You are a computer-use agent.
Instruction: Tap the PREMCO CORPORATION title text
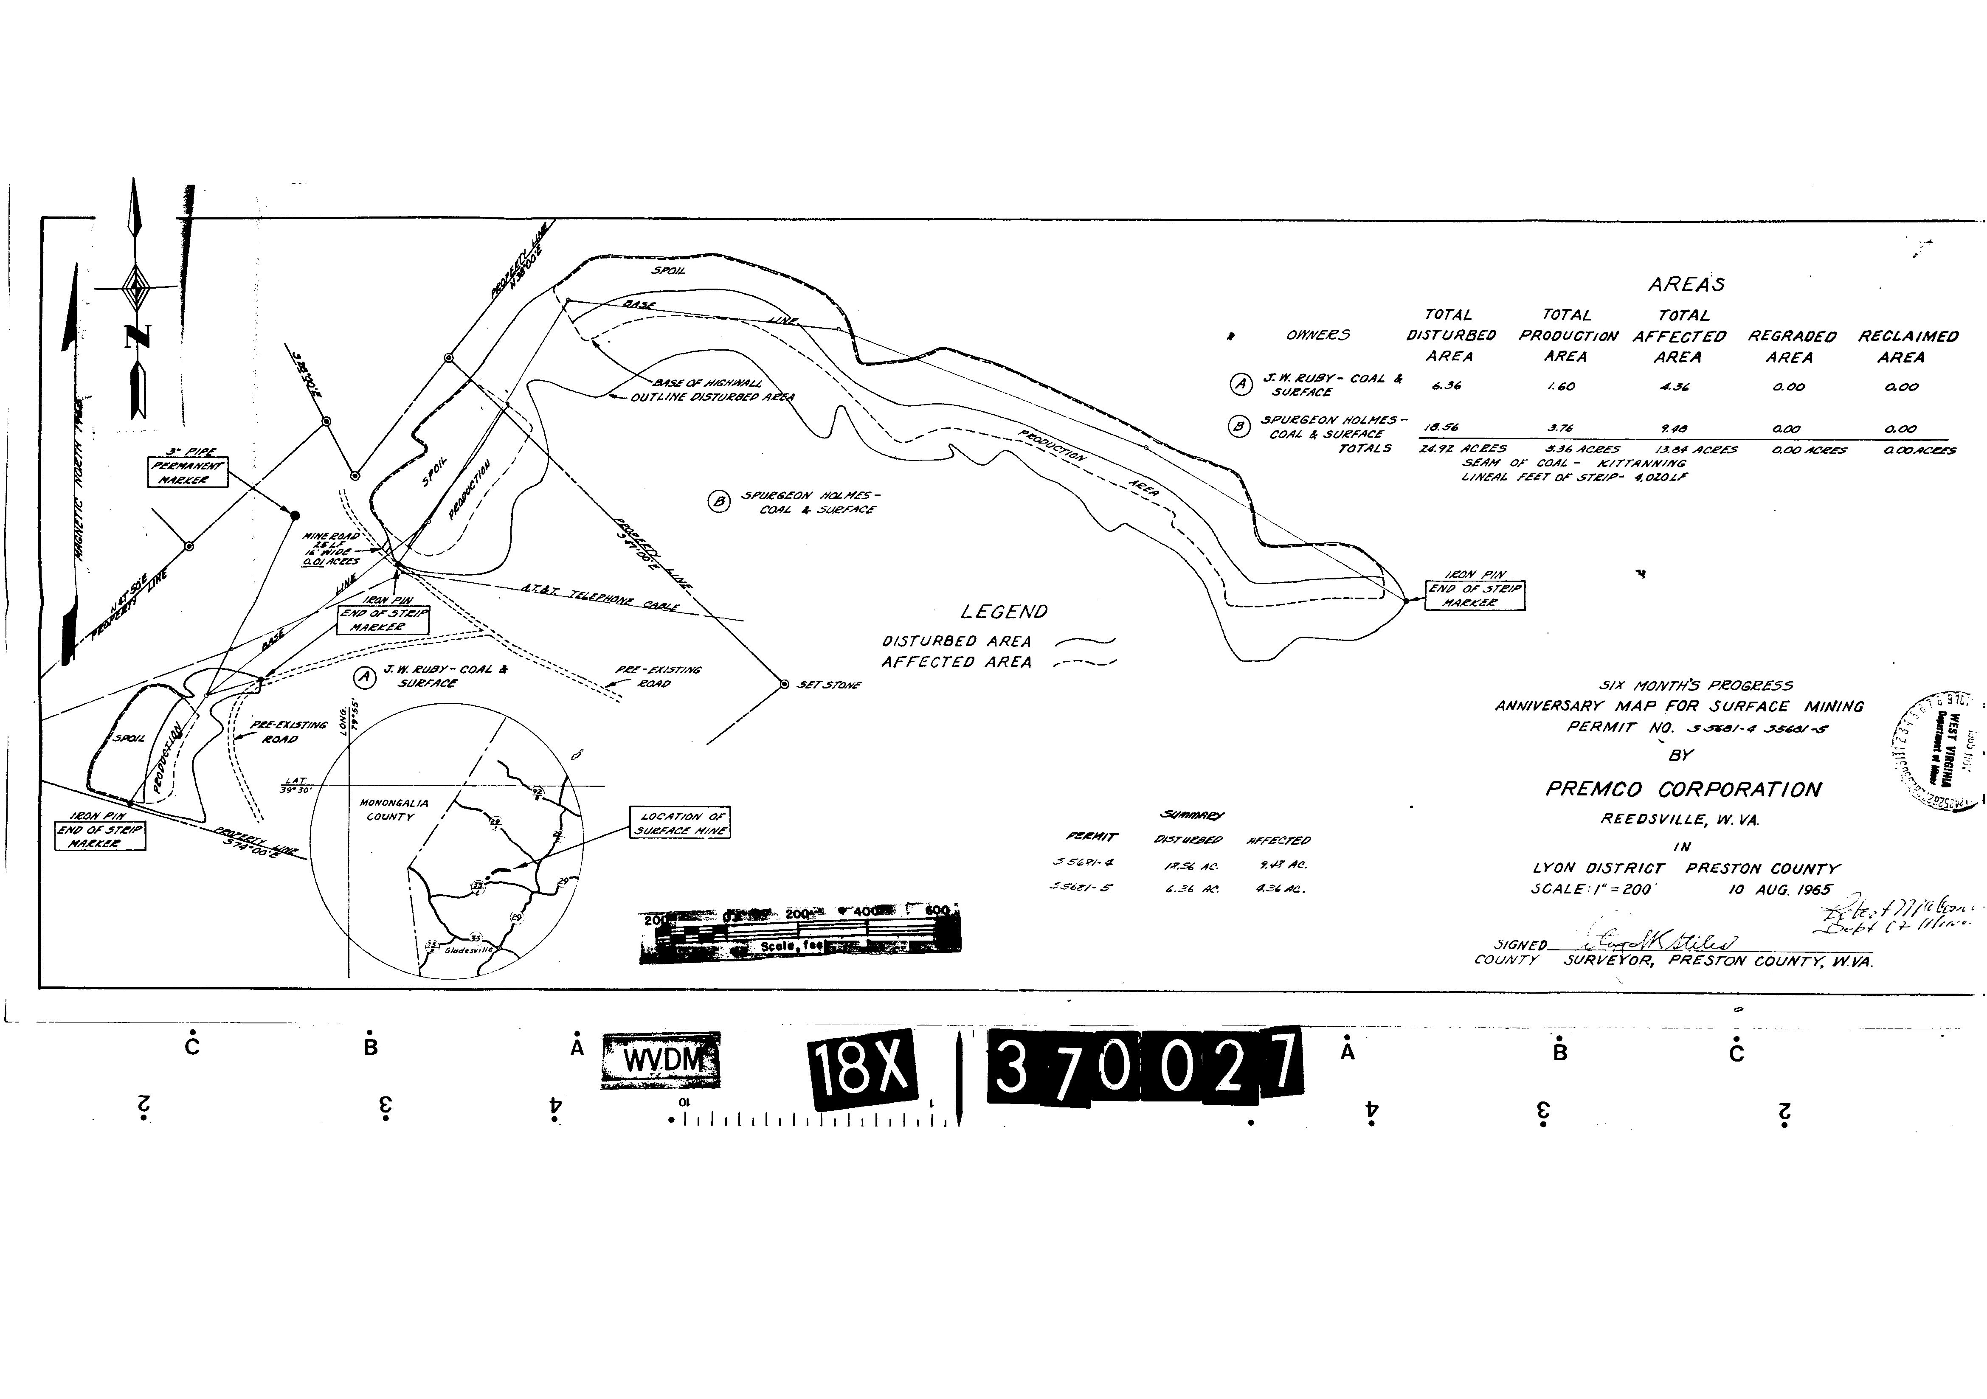coord(1683,789)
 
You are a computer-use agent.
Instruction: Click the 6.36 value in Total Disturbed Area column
coord(1446,386)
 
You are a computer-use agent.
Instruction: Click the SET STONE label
coord(828,685)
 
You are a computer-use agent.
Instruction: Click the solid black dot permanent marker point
coord(294,516)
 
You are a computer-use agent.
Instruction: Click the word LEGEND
coord(1004,612)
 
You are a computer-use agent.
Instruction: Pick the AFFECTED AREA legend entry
coord(956,662)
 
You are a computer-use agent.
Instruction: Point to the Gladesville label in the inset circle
coord(468,949)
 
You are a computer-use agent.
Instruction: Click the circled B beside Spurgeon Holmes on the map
coord(718,501)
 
